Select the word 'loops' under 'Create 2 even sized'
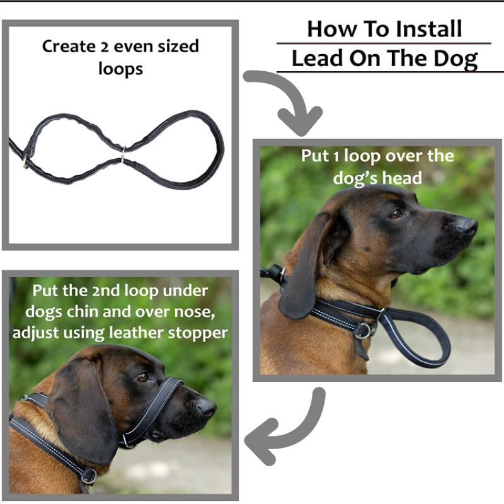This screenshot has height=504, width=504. (120, 69)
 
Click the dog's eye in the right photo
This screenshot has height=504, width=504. (396, 214)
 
